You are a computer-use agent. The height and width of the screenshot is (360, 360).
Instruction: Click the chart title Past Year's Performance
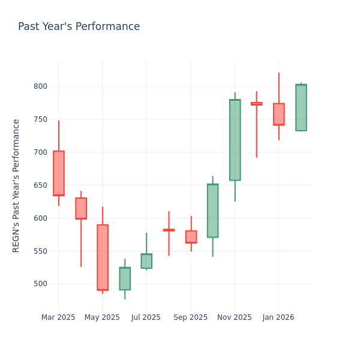coord(79,27)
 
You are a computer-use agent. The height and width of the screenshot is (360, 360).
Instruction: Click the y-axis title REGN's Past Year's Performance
coord(16,185)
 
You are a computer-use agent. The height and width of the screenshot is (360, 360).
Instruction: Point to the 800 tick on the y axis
coord(40,86)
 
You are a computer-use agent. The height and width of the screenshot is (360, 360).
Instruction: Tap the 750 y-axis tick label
coord(40,119)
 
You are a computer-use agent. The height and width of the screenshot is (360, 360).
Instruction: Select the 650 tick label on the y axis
coord(40,185)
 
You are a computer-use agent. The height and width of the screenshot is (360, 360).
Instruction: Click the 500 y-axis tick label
coord(40,284)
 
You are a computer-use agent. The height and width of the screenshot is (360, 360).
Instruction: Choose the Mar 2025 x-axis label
coord(58,317)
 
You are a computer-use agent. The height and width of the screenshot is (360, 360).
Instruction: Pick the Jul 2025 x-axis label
coord(146,317)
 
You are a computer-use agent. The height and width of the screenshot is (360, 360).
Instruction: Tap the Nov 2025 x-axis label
coord(235,317)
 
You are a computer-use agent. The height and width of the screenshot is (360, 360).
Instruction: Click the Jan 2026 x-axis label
coord(278,317)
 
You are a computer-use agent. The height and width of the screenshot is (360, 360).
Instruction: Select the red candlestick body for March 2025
coord(58,173)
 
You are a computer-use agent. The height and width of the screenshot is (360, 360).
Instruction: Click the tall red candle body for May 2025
coord(103,257)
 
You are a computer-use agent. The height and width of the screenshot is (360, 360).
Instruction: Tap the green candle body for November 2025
coord(235,140)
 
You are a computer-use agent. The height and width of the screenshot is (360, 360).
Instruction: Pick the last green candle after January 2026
coord(301,107)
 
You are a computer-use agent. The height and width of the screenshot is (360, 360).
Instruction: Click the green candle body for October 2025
coord(212,211)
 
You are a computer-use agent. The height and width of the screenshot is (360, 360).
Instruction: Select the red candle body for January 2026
coord(279,114)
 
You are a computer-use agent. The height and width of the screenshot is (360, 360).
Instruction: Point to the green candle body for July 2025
coord(146,261)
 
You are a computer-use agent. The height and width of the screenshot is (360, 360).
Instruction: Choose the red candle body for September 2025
coord(191,237)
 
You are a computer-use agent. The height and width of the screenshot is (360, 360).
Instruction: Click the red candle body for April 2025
coord(81,208)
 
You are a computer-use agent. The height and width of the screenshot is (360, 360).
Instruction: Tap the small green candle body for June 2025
coord(125,278)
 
